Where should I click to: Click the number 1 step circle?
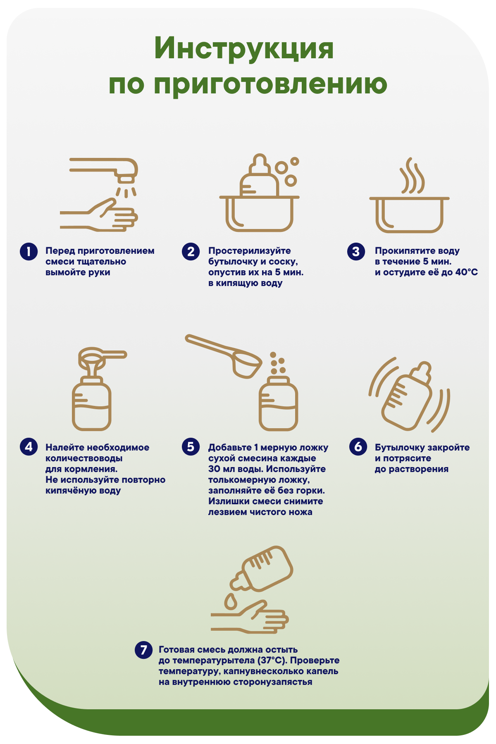tap(29, 252)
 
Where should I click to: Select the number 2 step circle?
tap(191, 252)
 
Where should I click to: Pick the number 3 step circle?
tap(356, 252)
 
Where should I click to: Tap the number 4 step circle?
tap(29, 447)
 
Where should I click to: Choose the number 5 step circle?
tap(191, 447)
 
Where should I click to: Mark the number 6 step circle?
tap(358, 447)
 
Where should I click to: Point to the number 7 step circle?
tap(143, 650)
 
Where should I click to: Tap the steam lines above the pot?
tap(412, 176)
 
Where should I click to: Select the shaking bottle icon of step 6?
tap(407, 397)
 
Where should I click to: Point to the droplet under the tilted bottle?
tap(231, 601)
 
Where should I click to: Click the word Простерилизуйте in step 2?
tap(250, 251)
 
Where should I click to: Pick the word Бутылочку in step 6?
tap(400, 448)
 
